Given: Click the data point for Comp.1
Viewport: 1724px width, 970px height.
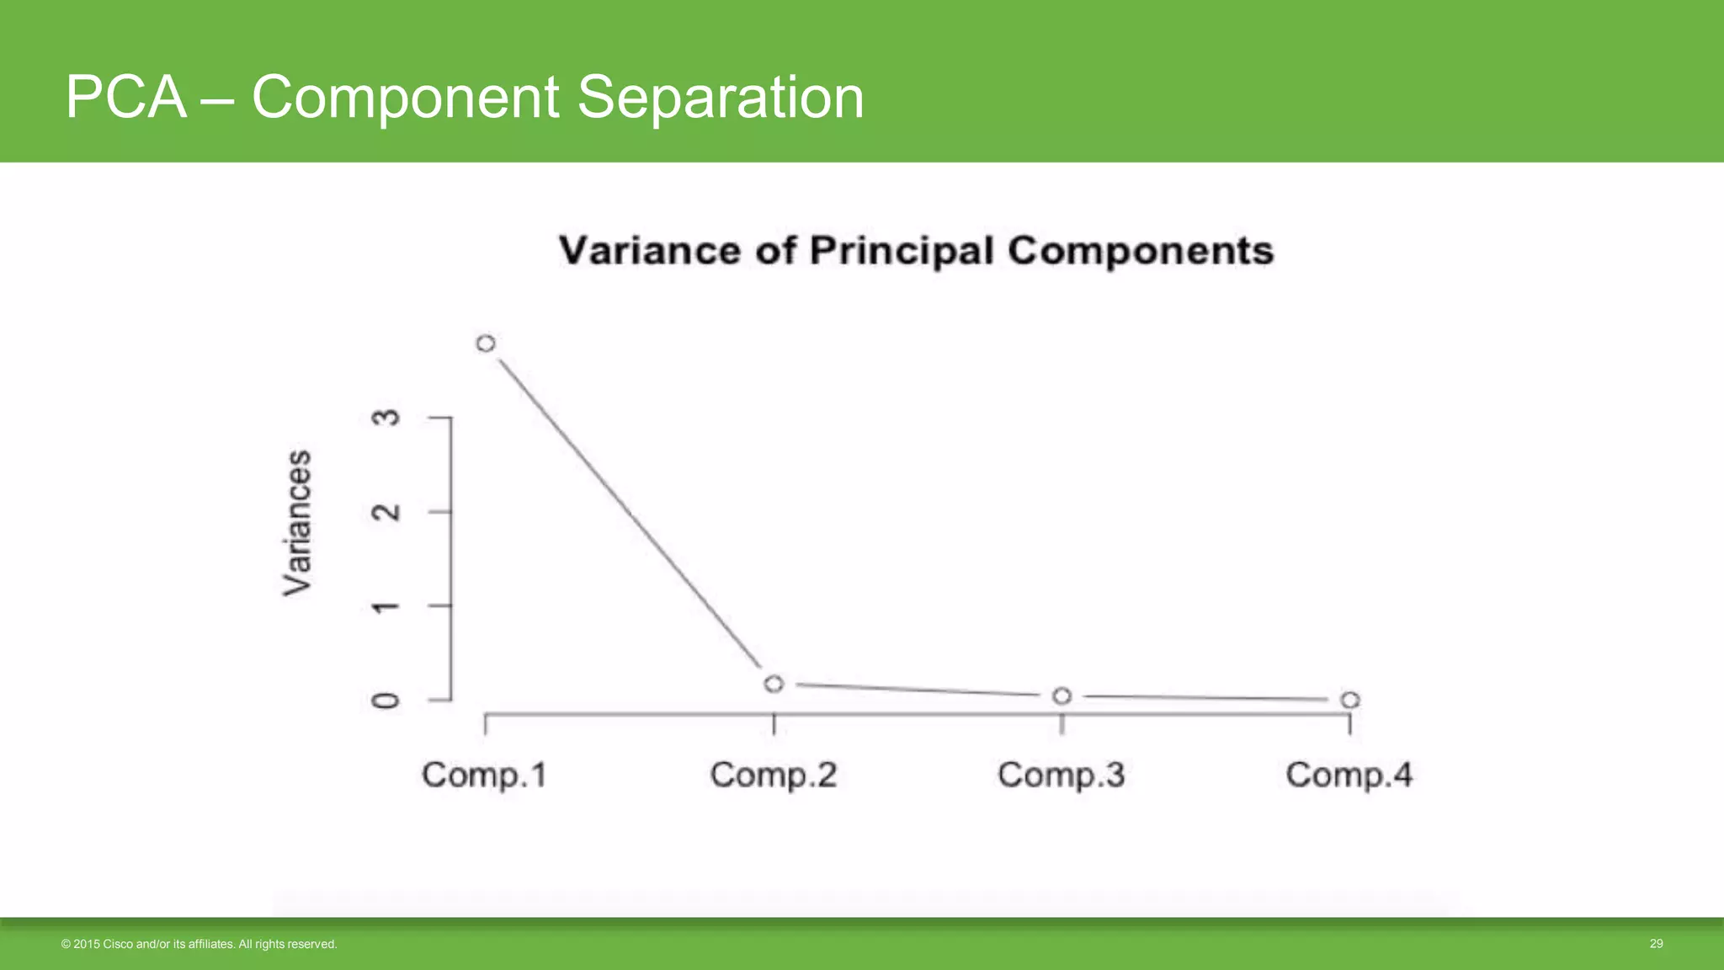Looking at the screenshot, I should pos(486,344).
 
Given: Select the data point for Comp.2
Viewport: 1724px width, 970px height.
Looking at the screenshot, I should pos(774,684).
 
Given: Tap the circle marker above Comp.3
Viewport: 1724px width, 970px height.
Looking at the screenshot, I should pos(1062,696).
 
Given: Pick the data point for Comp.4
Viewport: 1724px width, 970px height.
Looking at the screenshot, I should pos(1349,700).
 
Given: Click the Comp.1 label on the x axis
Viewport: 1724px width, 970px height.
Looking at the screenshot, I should pos(485,775).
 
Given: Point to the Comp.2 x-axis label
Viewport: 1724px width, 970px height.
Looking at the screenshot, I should pos(774,775).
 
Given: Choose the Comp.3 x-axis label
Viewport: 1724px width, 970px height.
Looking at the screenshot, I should pos(1062,775).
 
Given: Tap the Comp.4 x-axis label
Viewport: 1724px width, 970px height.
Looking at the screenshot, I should pos(1349,775).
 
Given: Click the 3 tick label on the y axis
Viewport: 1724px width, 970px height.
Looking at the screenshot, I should pos(386,418).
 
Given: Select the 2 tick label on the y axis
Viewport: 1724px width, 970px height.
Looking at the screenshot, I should pos(386,512).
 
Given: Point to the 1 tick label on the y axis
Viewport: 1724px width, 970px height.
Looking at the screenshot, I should pos(386,606).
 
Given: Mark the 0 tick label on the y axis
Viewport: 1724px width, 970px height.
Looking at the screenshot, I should pos(386,701).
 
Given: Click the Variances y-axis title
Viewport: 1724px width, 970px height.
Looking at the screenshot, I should pos(297,524).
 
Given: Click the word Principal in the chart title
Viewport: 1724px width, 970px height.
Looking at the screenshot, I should pos(902,251).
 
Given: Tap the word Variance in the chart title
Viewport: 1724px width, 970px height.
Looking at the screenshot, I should pos(650,251).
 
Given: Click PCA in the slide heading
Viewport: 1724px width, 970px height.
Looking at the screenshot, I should pos(125,97).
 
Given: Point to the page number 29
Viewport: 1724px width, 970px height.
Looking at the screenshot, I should pos(1656,944).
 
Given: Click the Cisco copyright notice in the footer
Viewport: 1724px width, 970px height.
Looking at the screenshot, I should pos(199,945).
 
